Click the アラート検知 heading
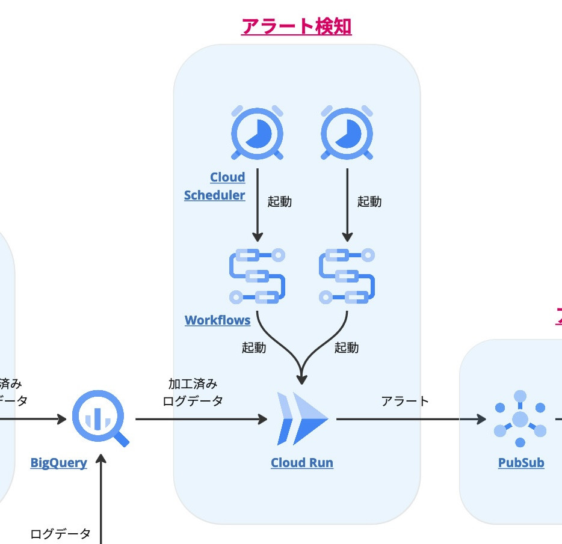(296, 26)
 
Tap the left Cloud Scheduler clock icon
(258, 133)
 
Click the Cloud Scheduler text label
(215, 186)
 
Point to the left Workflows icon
(257, 275)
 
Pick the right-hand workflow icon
(347, 275)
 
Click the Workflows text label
(217, 320)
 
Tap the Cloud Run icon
(302, 418)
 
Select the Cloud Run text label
(302, 463)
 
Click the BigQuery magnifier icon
(99, 420)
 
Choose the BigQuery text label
(58, 463)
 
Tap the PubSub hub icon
(520, 419)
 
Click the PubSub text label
(521, 463)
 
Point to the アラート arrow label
(405, 401)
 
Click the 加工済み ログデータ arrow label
(193, 392)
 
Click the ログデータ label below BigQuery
(60, 533)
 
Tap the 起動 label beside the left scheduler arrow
(279, 201)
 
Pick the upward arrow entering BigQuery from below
(101, 499)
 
